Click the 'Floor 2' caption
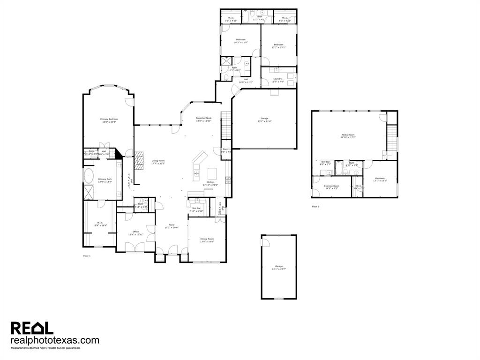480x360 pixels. tap(315, 207)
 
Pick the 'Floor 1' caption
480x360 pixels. tap(87, 256)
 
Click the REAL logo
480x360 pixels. tap(32, 328)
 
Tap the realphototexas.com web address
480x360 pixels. tap(55, 340)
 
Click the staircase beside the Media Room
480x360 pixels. tap(391, 138)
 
